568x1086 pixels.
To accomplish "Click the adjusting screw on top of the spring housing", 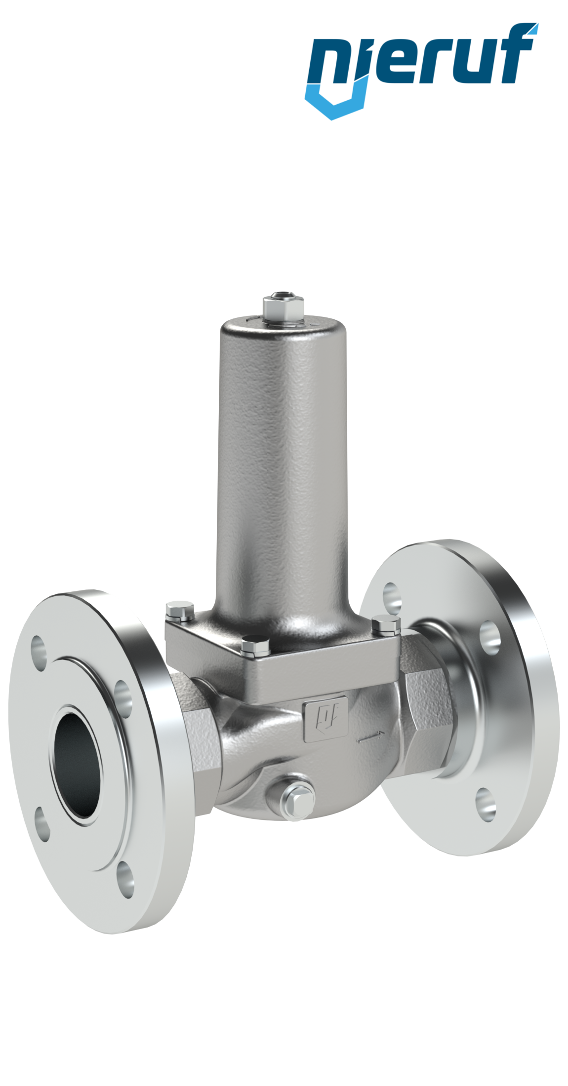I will pos(282,306).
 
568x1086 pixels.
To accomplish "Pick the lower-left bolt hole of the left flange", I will pos(43,830).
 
